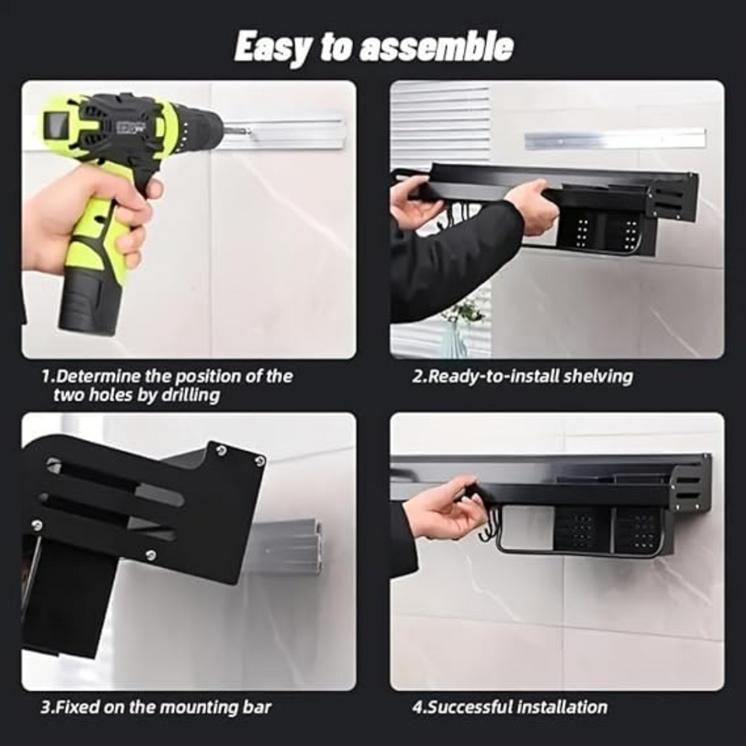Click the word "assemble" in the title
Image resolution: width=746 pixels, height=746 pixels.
point(435,47)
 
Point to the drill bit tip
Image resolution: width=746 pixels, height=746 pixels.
point(248,131)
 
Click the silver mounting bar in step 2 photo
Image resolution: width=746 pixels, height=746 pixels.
point(614,139)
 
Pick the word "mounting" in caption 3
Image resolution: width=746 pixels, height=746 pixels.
point(190,707)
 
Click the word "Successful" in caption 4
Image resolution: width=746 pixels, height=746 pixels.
point(470,707)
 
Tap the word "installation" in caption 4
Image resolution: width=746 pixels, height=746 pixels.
point(562,707)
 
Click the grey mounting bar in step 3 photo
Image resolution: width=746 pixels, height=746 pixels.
point(288,547)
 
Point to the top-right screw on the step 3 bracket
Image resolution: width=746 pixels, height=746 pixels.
point(222,450)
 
